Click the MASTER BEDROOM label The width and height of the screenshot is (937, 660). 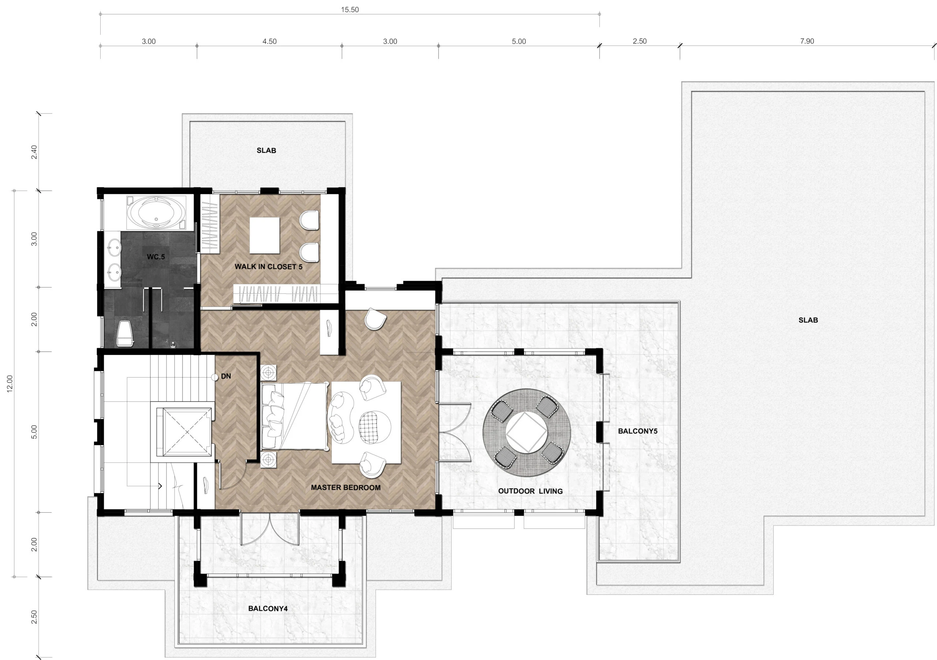pyautogui.click(x=346, y=487)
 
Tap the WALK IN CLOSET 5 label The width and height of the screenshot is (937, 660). pyautogui.click(x=269, y=267)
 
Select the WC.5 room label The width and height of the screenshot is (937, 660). pyautogui.click(x=156, y=257)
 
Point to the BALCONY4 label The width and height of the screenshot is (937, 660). pyautogui.click(x=268, y=609)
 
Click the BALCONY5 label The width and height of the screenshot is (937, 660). pyautogui.click(x=638, y=431)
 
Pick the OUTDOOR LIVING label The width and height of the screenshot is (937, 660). pyautogui.click(x=530, y=491)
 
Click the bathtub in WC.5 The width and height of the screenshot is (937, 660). pyautogui.click(x=156, y=213)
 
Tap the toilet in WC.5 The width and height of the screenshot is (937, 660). pyautogui.click(x=125, y=333)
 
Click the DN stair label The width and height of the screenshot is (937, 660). pyautogui.click(x=226, y=376)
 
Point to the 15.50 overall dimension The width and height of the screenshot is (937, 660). pyautogui.click(x=350, y=10)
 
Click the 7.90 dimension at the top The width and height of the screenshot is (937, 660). pyautogui.click(x=807, y=41)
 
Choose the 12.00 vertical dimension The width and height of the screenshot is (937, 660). pyautogui.click(x=10, y=384)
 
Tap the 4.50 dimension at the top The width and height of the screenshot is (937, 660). pyautogui.click(x=269, y=42)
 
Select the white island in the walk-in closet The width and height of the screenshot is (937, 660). pyautogui.click(x=265, y=235)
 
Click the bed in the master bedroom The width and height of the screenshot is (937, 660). pyautogui.click(x=295, y=416)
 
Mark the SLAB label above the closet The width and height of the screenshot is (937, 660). pyautogui.click(x=266, y=150)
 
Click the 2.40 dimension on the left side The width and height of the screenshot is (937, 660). pyautogui.click(x=34, y=153)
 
